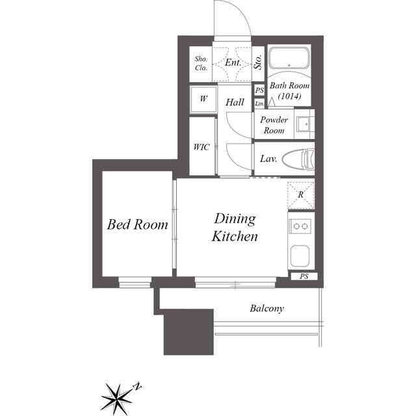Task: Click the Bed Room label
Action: pyautogui.click(x=137, y=224)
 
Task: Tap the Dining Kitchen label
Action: pyautogui.click(x=235, y=227)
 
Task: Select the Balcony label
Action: pyautogui.click(x=266, y=308)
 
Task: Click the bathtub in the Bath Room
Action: pyautogui.click(x=289, y=58)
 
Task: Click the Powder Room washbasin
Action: pyautogui.click(x=304, y=124)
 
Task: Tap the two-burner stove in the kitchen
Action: pyautogui.click(x=300, y=226)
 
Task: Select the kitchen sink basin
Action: pyautogui.click(x=300, y=255)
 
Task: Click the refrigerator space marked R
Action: pyautogui.click(x=301, y=195)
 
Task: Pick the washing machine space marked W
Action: pyautogui.click(x=203, y=99)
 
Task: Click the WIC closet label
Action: pyautogui.click(x=201, y=147)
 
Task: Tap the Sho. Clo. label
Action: pyautogui.click(x=201, y=63)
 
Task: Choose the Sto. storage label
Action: pyautogui.click(x=258, y=62)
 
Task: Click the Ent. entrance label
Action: pyautogui.click(x=233, y=62)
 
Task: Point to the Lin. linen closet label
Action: pyautogui.click(x=260, y=103)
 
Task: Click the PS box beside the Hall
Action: pyautogui.click(x=259, y=90)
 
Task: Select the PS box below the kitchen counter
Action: pyautogui.click(x=304, y=276)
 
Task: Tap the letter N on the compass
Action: pyautogui.click(x=137, y=386)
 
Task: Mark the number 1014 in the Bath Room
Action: pyautogui.click(x=289, y=96)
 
